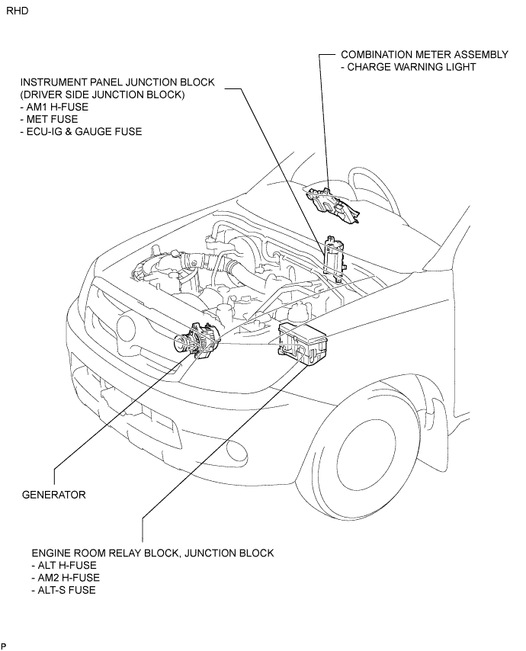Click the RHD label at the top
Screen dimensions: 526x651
coord(18,11)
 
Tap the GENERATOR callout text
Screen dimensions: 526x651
coord(54,495)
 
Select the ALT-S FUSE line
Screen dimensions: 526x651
coord(63,590)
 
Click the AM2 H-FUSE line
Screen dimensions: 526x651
coord(66,578)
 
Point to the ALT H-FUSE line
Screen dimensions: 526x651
coord(64,565)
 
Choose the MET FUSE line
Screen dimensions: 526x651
coord(49,119)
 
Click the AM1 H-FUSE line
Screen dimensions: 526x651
coord(54,107)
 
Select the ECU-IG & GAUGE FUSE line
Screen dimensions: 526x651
coord(81,132)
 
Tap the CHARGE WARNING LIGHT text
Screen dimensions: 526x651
coord(408,67)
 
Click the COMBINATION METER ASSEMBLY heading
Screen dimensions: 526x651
coord(425,54)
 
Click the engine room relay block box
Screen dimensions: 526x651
coord(303,344)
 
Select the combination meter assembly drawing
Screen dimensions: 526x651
coord(333,205)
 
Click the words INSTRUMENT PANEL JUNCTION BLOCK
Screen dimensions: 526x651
coord(117,82)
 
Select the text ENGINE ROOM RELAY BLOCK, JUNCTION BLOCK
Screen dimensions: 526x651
coord(152,553)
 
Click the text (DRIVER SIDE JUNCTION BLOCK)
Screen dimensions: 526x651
coord(103,95)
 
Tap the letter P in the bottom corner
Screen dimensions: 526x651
coord(4,646)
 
